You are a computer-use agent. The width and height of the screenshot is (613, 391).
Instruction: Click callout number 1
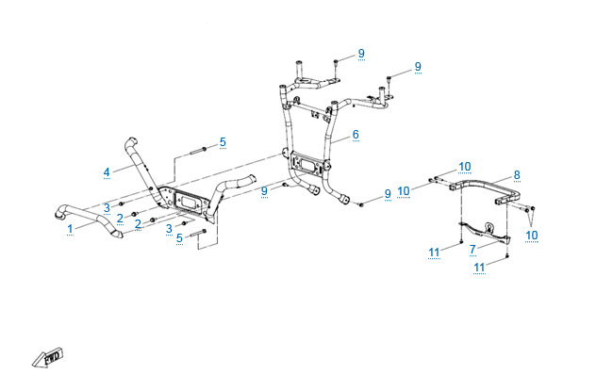70,229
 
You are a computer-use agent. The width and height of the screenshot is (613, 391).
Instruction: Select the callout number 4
107,171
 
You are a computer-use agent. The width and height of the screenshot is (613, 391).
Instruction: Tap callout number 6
356,135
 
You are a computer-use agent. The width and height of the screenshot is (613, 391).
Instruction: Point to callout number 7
472,249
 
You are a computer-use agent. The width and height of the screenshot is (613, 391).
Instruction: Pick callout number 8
517,175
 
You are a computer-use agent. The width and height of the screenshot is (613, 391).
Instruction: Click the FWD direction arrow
47,357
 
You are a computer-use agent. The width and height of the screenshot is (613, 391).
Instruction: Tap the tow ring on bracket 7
489,226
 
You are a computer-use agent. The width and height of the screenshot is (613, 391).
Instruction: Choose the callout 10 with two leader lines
532,236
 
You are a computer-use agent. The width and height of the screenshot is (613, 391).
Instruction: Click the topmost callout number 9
361,53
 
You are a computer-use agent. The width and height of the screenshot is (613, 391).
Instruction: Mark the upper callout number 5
223,142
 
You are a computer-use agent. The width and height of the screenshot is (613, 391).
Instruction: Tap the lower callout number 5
179,237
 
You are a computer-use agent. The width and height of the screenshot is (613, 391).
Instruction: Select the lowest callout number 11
479,268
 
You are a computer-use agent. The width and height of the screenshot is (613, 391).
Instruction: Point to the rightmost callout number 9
418,67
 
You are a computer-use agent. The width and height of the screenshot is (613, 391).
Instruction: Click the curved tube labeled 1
87,220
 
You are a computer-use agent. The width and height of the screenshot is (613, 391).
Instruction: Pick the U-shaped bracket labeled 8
486,191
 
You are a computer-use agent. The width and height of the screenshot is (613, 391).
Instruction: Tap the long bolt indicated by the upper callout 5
199,151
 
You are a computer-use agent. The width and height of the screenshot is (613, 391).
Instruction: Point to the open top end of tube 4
133,139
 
